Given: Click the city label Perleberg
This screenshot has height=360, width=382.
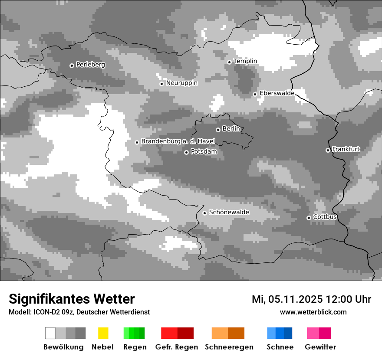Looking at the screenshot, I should [x=90, y=65].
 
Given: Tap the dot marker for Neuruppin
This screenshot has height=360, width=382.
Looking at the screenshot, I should [x=161, y=84].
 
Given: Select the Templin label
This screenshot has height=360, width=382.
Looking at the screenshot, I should [x=245, y=61].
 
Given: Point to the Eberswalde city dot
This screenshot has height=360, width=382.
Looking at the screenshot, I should [x=255, y=94].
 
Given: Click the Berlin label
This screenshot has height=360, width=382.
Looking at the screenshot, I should [x=231, y=129].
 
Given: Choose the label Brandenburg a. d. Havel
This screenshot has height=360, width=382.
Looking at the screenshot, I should [x=178, y=141].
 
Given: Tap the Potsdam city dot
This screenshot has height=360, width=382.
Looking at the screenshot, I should [x=186, y=152].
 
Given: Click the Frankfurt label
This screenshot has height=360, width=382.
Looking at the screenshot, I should [x=346, y=149].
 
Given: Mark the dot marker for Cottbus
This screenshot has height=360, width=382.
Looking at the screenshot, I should [x=309, y=218].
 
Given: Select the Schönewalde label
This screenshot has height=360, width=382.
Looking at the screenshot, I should [x=229, y=212].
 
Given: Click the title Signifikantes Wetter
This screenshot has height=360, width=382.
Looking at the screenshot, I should [x=72, y=299].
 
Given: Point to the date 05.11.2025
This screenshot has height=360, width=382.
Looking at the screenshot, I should [x=296, y=299].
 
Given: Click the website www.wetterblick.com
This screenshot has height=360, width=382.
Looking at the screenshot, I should [x=313, y=312].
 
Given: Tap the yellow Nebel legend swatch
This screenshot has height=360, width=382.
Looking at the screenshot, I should [x=103, y=333].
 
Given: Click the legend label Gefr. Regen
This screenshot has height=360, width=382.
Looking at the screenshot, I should [x=176, y=347].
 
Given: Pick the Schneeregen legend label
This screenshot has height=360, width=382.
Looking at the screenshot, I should [x=229, y=347].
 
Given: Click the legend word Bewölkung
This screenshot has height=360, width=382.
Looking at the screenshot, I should [x=63, y=347].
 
